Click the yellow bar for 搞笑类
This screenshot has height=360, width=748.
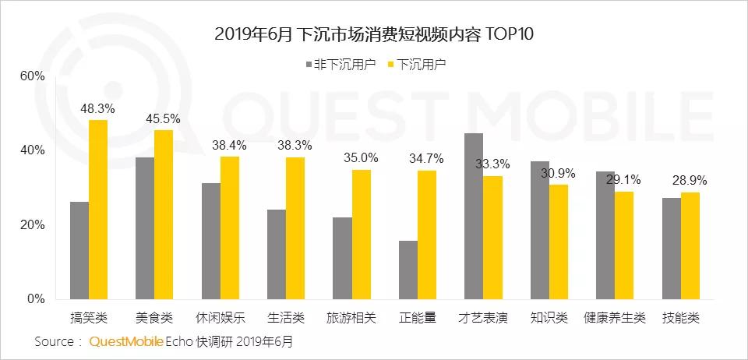[98, 210]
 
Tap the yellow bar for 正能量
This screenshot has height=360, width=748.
[427, 235]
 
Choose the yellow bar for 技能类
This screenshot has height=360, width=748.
[690, 245]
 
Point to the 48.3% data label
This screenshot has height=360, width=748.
[99, 108]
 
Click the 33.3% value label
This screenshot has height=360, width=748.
[493, 164]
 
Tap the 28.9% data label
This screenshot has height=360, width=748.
[690, 180]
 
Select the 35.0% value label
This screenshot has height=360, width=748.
[362, 157]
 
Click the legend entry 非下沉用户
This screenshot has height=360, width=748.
[340, 64]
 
